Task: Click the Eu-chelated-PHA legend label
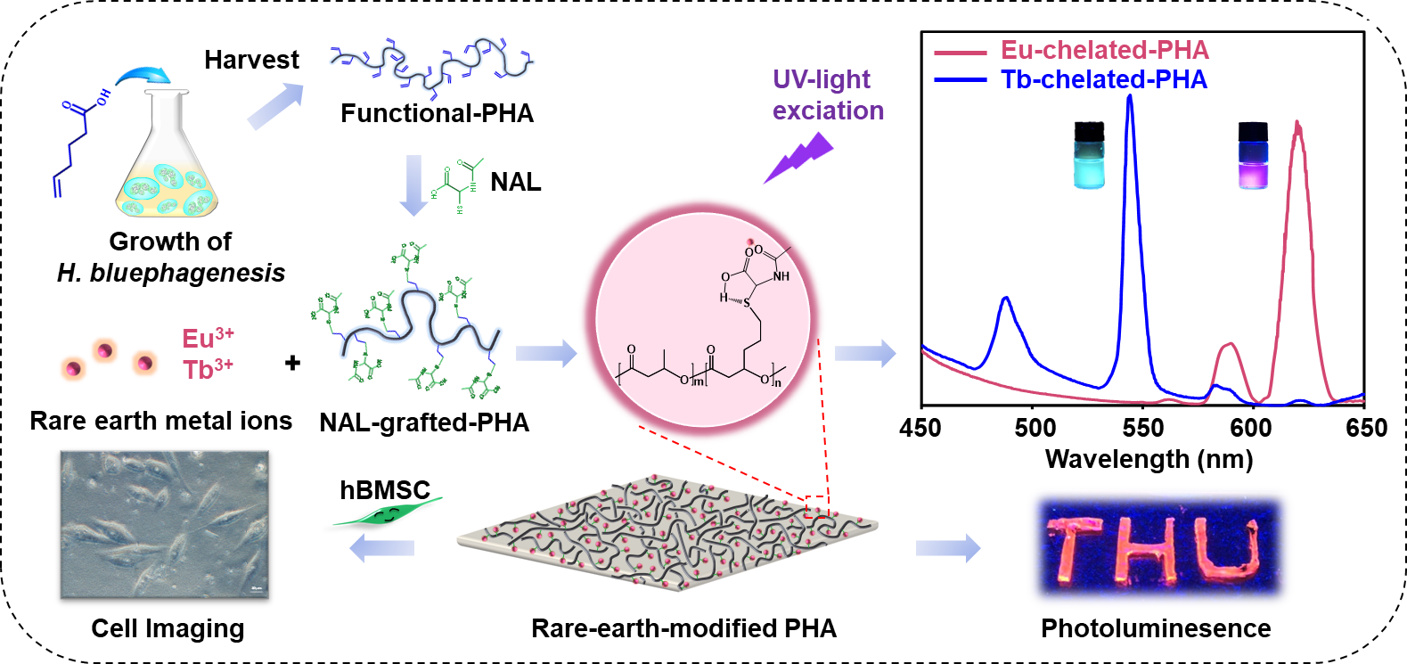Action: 1104,50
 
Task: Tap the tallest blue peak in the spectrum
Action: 1130,98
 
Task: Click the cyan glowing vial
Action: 1089,155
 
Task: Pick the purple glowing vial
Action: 1253,155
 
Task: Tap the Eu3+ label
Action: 208,338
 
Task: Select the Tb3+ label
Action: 208,368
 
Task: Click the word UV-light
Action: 821,79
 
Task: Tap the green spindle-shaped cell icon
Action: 389,512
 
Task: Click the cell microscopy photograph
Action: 164,524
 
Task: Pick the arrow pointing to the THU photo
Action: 947,547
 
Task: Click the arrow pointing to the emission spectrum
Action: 864,354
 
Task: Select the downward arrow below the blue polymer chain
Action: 413,185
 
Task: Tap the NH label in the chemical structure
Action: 781,276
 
